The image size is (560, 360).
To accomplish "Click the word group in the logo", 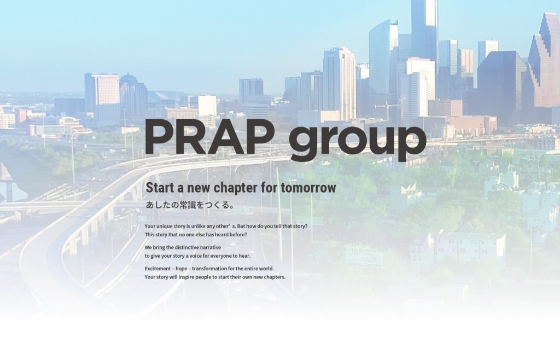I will [357, 141].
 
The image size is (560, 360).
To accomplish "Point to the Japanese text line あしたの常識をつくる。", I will [190, 206].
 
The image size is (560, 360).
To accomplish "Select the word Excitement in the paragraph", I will [157, 269].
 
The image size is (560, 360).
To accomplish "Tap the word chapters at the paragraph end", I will [273, 277].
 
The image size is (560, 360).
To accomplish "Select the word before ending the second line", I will [237, 234].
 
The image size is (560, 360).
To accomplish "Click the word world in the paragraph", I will [266, 269].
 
